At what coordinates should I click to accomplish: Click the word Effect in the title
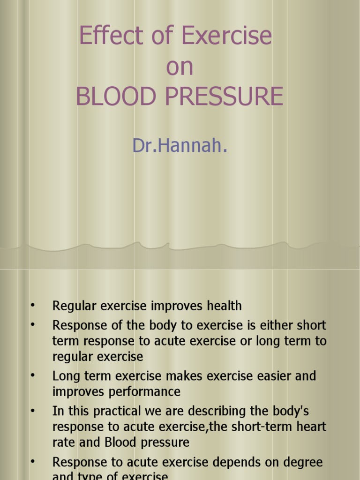click(105, 36)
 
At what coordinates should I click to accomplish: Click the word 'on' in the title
click(180, 67)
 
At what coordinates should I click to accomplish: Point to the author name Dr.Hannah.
click(180, 146)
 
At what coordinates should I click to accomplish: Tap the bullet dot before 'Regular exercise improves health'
click(32, 306)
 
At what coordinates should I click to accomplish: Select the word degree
click(301, 462)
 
